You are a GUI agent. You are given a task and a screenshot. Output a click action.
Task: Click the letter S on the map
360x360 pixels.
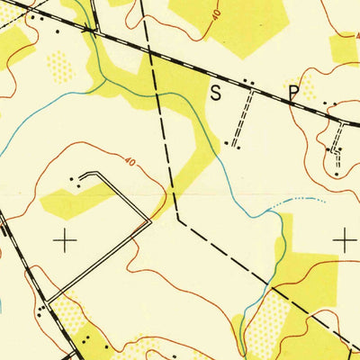pyautogui.click(x=215, y=92)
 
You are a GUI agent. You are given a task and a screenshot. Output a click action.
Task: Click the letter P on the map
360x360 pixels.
pyautogui.click(x=293, y=92)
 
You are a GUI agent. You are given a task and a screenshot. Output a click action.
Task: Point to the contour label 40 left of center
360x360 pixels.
pyautogui.click(x=130, y=163)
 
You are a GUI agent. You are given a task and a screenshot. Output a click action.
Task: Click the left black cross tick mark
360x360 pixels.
pyautogui.click(x=65, y=239)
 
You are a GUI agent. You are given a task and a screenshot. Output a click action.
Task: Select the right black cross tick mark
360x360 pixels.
pyautogui.click(x=344, y=239)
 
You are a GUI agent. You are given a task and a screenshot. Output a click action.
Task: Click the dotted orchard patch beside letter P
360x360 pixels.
pyautogui.click(x=309, y=88)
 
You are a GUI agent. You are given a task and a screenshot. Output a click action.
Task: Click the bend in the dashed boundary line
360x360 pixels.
pyautogui.click(x=178, y=218)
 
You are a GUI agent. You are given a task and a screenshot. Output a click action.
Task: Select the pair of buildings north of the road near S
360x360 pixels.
pyautogui.click(x=248, y=83)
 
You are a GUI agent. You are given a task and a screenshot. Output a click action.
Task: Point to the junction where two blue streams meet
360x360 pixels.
pyautogui.click(x=107, y=82)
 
